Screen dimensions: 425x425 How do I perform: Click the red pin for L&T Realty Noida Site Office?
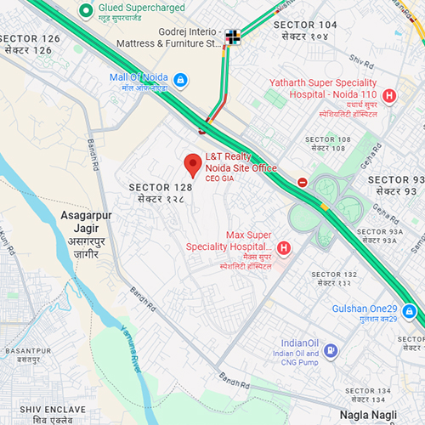tap(193, 163)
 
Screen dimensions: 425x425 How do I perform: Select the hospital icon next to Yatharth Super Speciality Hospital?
tap(390, 96)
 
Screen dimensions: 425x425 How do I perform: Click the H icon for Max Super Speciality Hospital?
tap(284, 248)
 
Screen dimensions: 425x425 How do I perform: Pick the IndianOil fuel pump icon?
tap(331, 348)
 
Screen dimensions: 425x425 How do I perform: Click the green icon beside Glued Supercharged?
tap(85, 10)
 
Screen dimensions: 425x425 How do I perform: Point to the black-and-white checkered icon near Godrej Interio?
tap(233, 36)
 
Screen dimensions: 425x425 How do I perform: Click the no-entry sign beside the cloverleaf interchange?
tap(303, 182)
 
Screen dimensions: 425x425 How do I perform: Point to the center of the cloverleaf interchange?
tap(327, 204)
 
